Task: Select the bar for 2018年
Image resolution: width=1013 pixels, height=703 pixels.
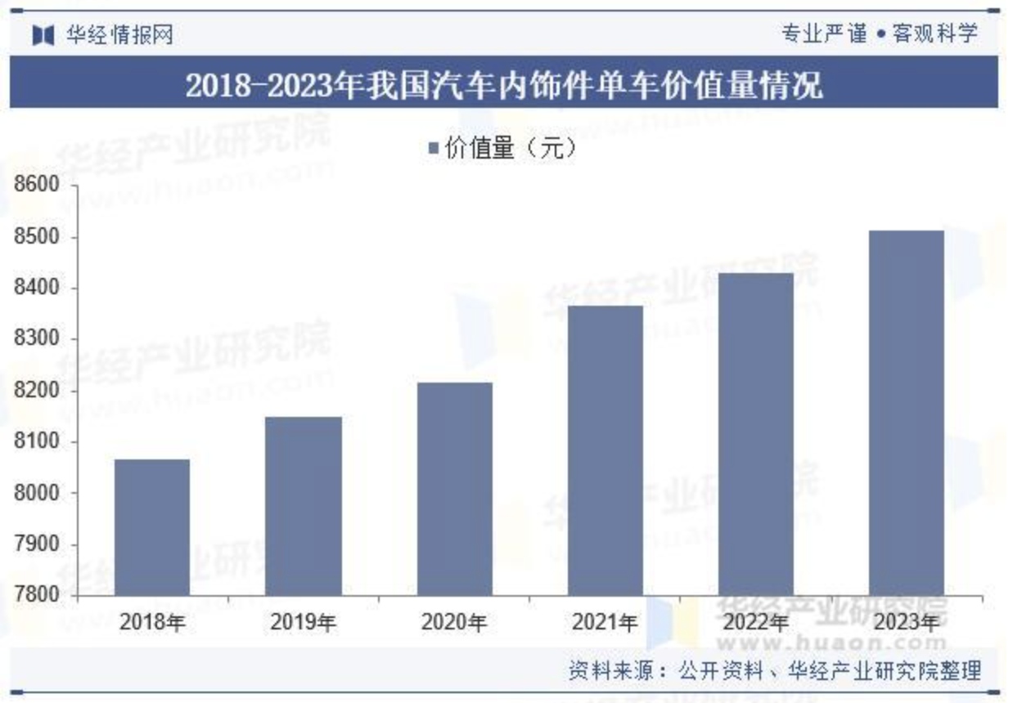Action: pos(152,527)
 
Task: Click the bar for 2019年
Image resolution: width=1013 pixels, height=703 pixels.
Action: pos(304,506)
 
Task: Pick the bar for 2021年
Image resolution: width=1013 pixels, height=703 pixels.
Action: pos(606,450)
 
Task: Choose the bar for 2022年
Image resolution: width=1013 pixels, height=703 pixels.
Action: pos(756,434)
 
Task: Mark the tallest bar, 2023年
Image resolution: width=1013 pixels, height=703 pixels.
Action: pos(907,413)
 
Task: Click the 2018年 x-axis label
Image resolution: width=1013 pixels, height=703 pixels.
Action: pos(152,622)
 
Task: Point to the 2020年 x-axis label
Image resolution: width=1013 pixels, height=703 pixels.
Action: pos(455,622)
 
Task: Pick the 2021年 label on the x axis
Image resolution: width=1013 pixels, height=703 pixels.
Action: pos(606,622)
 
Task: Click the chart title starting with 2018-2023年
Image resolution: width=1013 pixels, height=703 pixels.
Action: pos(504,85)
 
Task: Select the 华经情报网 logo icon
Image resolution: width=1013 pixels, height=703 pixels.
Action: pos(42,34)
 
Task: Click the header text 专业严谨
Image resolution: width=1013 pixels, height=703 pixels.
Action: pos(823,34)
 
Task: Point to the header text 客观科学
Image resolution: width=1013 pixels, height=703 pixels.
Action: pos(935,34)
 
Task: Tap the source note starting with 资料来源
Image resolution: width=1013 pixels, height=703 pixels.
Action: pos(774,671)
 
